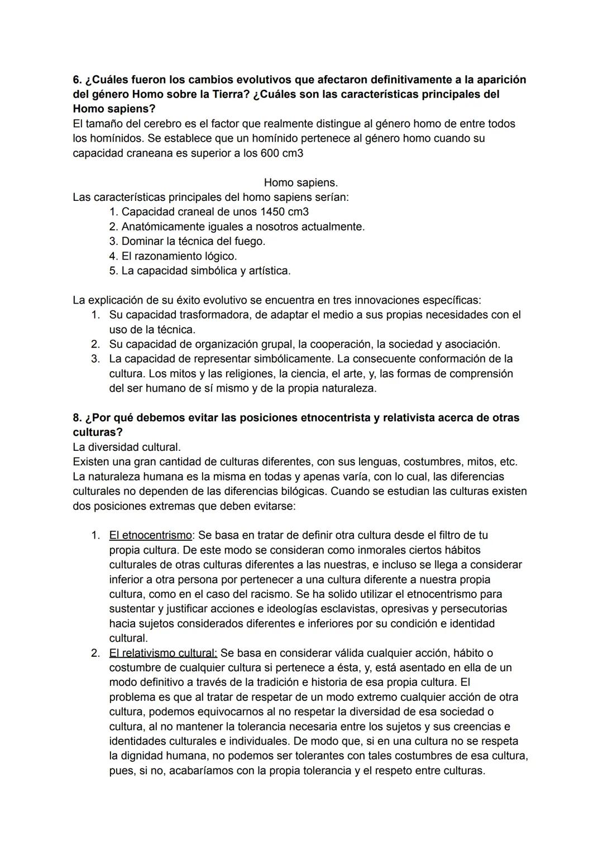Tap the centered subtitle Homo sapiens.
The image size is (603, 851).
tap(300, 182)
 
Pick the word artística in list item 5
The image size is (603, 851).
tap(267, 271)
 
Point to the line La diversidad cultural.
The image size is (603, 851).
tap(127, 448)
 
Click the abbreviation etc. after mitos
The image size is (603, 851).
tap(509, 462)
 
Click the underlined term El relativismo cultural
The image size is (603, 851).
tap(163, 653)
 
